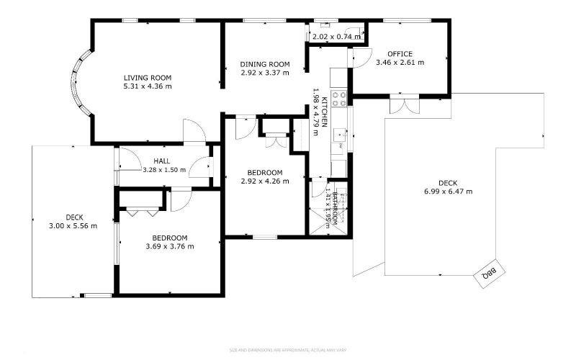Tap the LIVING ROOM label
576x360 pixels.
coord(147,78)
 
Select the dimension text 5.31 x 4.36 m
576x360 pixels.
coord(147,86)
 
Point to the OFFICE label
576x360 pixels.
coord(400,54)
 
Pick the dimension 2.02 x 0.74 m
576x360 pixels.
coord(336,36)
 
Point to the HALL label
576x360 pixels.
coord(161,161)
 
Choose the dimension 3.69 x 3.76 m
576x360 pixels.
coord(169,246)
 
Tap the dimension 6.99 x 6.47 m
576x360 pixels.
coord(448,192)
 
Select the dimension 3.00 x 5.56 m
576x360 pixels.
coord(74,225)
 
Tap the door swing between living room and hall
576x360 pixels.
coord(194,132)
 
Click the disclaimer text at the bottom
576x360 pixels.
coord(288,351)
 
